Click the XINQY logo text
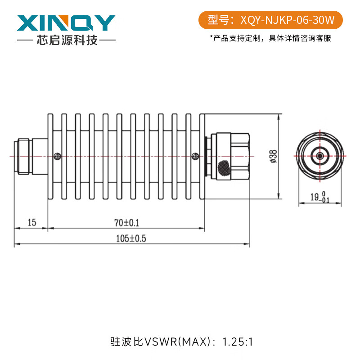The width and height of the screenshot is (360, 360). [x=66, y=22]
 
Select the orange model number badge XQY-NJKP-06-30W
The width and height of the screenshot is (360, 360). [x=270, y=20]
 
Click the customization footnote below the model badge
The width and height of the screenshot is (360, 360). [x=270, y=38]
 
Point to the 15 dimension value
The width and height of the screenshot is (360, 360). [x=31, y=222]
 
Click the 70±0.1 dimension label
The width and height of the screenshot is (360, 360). [x=126, y=222]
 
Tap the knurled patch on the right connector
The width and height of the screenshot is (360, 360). [x=224, y=168]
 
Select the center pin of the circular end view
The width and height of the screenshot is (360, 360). [x=319, y=156]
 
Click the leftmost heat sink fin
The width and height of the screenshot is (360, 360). [x=50, y=156]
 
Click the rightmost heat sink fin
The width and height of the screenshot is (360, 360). [x=202, y=156]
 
